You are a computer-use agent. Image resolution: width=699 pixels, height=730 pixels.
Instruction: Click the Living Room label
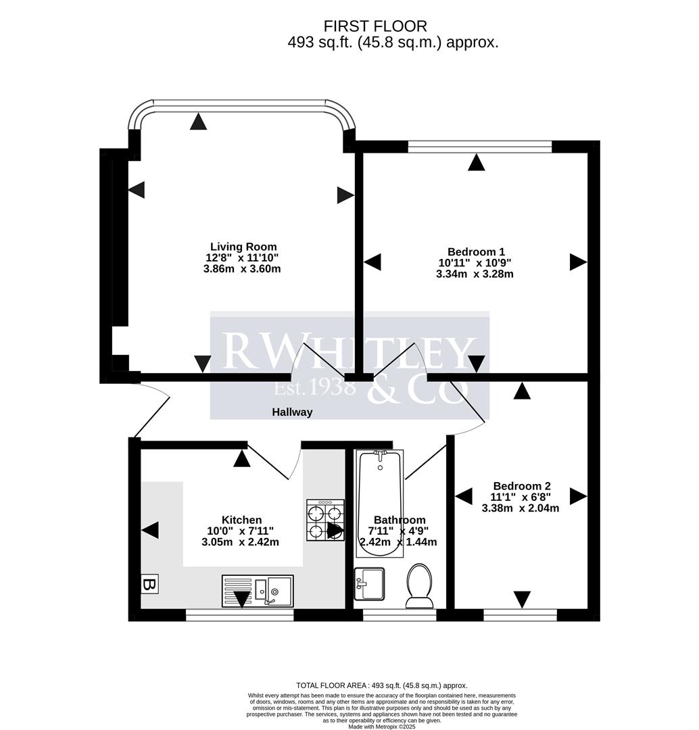243,247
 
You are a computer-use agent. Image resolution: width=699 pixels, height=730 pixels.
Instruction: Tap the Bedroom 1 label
476,251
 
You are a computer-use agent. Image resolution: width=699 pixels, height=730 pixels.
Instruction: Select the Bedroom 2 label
522,486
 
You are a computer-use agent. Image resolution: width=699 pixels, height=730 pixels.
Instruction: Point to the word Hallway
292,412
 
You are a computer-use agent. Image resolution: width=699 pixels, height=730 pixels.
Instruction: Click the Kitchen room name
241,520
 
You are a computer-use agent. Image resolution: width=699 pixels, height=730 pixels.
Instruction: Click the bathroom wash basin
369,583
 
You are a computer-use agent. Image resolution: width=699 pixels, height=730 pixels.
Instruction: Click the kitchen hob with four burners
325,520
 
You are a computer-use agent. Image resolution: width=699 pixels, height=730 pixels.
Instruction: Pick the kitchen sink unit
258,591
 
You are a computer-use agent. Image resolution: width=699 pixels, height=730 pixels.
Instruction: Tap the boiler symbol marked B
149,585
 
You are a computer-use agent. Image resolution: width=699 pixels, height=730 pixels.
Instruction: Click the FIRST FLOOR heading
375,26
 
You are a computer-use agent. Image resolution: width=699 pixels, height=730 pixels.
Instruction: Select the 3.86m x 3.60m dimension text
242,268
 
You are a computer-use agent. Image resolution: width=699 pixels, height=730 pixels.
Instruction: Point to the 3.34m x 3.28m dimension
475,274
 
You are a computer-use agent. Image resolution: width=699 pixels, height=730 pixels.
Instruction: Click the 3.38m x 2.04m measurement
521,508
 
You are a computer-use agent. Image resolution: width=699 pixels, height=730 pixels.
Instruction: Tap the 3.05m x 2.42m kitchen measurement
240,542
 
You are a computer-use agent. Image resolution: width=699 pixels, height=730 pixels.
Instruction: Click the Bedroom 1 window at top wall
480,145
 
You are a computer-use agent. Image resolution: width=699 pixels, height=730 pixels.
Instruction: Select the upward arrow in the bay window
198,122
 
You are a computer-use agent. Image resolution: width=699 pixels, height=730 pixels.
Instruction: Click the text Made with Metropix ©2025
383,726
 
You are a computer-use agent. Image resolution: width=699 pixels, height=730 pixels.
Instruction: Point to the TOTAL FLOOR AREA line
382,685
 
